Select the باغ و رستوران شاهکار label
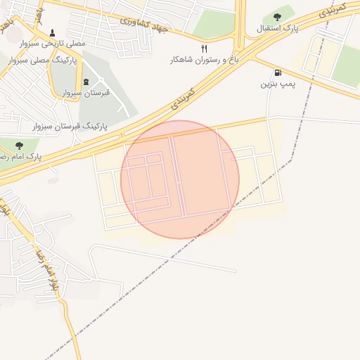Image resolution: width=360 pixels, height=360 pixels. [205, 60]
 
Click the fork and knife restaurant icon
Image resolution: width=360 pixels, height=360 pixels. [204, 49]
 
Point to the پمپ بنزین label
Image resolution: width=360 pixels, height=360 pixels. [277, 84]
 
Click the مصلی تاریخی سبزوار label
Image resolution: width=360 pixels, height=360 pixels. [53, 44]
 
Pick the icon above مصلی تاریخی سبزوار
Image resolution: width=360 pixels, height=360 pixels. [53, 32]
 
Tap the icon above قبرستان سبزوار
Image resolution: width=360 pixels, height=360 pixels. [86, 82]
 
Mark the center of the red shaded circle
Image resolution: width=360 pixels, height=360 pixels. [180, 179]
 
